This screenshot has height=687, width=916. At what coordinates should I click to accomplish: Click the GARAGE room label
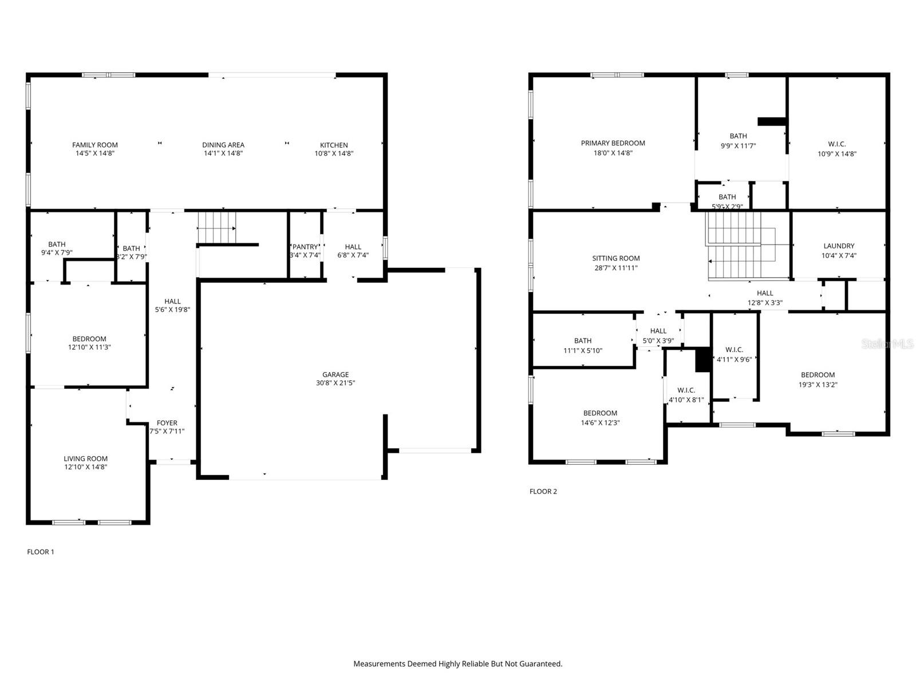(x=335, y=375)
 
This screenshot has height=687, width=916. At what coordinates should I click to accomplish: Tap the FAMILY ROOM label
(x=95, y=145)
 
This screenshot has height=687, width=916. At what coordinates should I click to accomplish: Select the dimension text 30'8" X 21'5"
(x=335, y=383)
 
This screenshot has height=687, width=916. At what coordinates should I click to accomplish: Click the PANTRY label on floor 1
(x=305, y=247)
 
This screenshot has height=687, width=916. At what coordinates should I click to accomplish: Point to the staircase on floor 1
(x=216, y=227)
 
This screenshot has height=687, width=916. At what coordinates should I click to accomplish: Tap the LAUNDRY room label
(x=839, y=246)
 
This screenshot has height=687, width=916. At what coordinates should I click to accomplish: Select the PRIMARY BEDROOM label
(x=613, y=143)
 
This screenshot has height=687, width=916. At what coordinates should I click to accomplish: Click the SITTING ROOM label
(x=616, y=258)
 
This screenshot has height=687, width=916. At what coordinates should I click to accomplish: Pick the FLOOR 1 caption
(x=41, y=552)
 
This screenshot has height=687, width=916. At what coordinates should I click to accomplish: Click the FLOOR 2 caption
(x=543, y=491)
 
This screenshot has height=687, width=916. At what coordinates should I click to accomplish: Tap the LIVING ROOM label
(x=85, y=459)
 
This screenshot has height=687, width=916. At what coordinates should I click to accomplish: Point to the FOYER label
(x=167, y=423)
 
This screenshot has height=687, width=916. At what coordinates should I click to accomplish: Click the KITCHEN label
(x=334, y=145)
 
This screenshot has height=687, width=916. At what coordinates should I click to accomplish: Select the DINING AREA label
(x=223, y=145)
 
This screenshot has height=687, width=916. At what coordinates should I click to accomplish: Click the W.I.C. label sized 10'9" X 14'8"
(x=836, y=144)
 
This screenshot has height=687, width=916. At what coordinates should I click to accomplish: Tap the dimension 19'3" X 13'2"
(x=818, y=385)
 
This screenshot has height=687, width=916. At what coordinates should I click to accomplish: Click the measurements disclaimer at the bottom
(x=457, y=664)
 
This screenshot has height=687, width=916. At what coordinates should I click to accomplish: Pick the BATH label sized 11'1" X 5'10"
(x=583, y=341)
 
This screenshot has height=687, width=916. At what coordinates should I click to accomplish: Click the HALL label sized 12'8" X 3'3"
(x=765, y=293)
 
